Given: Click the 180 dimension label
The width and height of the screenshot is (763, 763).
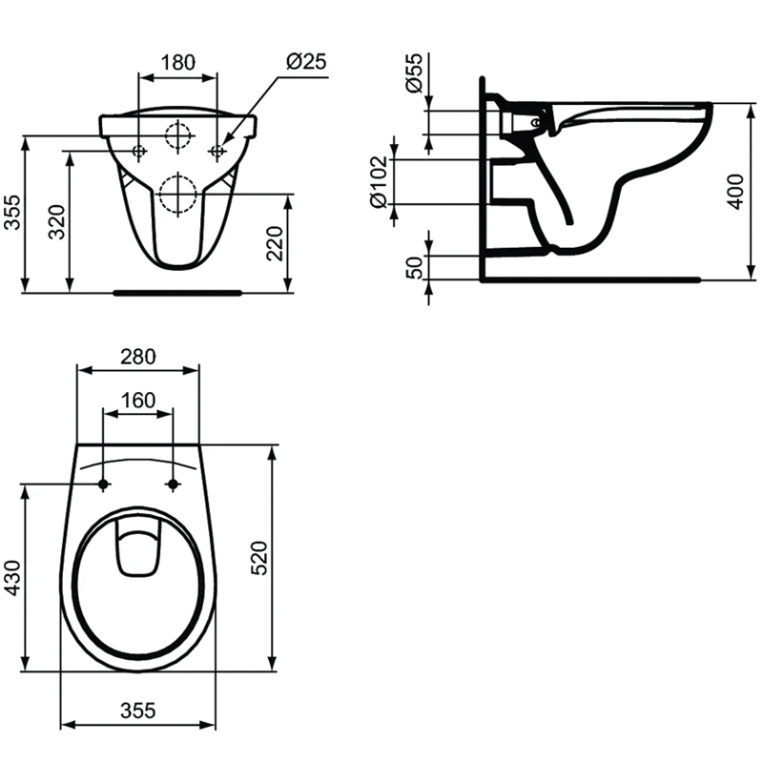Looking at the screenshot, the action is click(178, 62).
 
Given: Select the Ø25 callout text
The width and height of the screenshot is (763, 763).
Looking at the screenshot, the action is click(306, 61).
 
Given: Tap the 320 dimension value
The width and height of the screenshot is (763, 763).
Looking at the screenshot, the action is click(57, 222).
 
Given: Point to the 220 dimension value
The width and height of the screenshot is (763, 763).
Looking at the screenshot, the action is click(275, 243).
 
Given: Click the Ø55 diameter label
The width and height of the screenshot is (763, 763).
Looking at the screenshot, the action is click(415, 73).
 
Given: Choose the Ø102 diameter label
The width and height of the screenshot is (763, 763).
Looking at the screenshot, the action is click(379, 182).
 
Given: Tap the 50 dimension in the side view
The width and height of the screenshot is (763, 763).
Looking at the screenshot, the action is click(415, 268).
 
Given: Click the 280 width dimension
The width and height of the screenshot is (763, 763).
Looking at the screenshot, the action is click(138, 357).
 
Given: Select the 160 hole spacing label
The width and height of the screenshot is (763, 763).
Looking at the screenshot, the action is click(138, 401).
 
